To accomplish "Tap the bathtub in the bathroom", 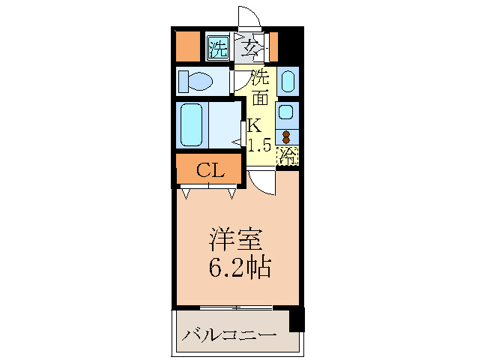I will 192,126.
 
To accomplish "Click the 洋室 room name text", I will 235,241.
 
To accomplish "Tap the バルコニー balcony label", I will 229,334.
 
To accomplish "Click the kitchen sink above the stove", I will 286,112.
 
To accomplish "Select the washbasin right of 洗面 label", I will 288,81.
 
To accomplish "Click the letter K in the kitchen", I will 255,125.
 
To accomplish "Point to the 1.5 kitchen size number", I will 259,145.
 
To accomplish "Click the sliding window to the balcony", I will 237,307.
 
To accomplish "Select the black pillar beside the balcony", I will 297,319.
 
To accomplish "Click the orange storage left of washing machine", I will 187,46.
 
